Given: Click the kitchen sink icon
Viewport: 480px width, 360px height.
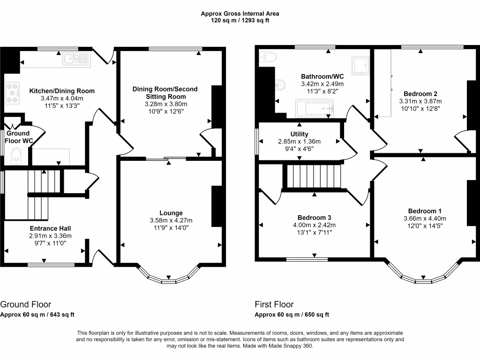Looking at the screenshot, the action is pos(76,59).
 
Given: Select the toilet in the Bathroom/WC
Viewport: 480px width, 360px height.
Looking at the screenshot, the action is pos(268,57).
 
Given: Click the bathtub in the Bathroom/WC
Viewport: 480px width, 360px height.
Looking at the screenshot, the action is pos(315,108).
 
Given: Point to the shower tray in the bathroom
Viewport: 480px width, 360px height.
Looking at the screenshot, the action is pos(360,65).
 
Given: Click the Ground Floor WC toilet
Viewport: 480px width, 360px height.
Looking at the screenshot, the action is pos(16,156).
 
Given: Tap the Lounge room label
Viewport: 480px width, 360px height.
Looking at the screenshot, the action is pos(171,213).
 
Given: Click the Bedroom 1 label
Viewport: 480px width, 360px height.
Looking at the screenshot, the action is pos(425,211).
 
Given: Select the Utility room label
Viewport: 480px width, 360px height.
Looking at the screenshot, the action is pos(300,134).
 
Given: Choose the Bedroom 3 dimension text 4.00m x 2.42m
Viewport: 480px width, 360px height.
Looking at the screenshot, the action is pos(315,225).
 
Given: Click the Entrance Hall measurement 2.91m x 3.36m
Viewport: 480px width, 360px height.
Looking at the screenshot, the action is pos(51,236).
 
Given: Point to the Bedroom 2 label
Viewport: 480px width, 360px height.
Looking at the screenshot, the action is pos(420,94).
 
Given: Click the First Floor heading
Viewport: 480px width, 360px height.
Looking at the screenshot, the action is pos(274,304).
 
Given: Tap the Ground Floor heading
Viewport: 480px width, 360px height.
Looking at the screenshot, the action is pos(26,304).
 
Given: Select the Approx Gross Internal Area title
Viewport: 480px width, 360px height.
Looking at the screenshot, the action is pos(240,14).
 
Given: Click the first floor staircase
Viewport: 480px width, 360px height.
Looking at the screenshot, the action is pos(314,176).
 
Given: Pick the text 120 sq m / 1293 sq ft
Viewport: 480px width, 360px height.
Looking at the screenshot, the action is pos(240,21).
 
